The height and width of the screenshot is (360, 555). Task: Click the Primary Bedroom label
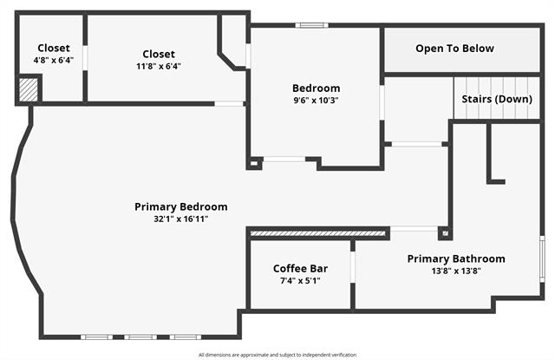[x=181, y=206]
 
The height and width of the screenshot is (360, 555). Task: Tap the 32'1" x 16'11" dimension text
[x=181, y=219]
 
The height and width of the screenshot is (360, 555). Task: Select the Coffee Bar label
[x=300, y=269]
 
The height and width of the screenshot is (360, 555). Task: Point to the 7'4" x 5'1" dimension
[x=300, y=281]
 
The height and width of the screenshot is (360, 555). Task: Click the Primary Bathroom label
[x=456, y=259]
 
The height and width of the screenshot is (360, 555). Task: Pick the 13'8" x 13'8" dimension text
[x=456, y=272]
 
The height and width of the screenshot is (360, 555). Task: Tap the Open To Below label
[x=454, y=49]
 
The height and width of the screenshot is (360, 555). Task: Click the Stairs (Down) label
[x=497, y=99]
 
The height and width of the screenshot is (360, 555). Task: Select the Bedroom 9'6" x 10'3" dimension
[x=316, y=101]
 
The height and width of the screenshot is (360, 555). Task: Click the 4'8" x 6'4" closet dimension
[x=54, y=60]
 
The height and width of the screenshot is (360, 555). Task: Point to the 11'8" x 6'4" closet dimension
[x=159, y=66]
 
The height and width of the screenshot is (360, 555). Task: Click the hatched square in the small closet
[x=28, y=90]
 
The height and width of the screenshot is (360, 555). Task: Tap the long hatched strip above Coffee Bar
[x=317, y=233]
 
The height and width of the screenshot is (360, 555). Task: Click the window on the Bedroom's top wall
[x=312, y=25]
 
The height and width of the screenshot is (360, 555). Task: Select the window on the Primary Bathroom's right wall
[x=542, y=259]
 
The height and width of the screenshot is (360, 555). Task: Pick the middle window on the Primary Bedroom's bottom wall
[x=140, y=337]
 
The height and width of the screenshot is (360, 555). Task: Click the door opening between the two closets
[x=85, y=58]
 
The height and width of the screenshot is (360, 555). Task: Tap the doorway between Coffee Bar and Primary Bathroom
[x=353, y=267]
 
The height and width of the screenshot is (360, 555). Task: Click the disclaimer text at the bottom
[x=277, y=355]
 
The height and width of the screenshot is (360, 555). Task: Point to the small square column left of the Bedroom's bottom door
[x=254, y=163]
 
